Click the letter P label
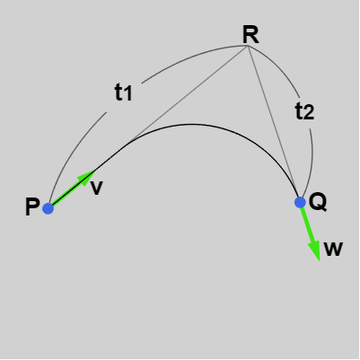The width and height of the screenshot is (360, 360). [x=32, y=206]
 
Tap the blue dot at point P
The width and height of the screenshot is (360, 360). [x=48, y=208]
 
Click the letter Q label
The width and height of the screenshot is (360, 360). [x=318, y=202]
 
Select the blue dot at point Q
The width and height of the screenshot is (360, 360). [x=300, y=202]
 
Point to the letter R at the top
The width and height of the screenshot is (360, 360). [x=250, y=35]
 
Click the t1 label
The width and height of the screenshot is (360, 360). [x=123, y=92]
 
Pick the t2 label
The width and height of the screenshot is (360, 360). [x=304, y=111]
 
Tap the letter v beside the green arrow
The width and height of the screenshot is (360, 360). [x=97, y=188]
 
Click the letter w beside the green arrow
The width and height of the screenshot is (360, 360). [x=333, y=249]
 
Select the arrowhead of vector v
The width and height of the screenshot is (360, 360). [x=87, y=178]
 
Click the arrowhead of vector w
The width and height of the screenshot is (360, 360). [x=315, y=250]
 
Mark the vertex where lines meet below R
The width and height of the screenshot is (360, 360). [x=247, y=46]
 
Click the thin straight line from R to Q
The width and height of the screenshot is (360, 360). [x=273, y=121]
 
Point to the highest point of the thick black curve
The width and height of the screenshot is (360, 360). [x=190, y=124]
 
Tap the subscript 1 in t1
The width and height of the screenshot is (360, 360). [x=127, y=94]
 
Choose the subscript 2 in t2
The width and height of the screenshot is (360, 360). [x=309, y=113]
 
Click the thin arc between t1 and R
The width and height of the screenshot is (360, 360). [x=191, y=57]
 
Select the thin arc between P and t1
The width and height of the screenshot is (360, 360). [x=72, y=150]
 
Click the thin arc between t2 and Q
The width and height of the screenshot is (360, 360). [x=312, y=163]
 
